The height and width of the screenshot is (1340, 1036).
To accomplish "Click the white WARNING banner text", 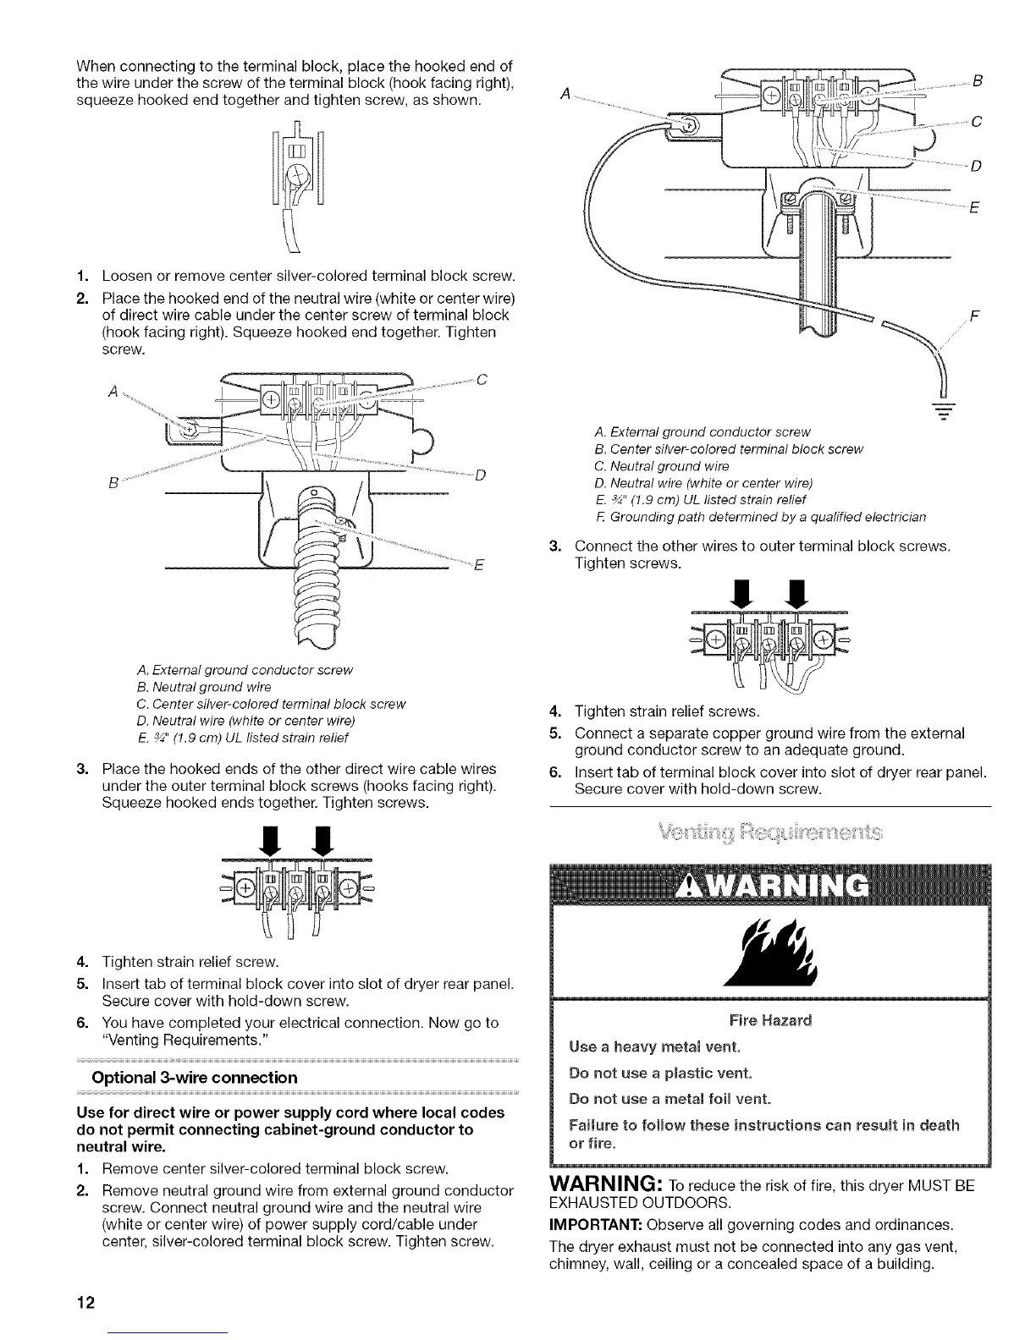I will pos(769,885).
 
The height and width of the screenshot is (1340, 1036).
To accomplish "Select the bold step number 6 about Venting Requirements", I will pos(81,1023).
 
